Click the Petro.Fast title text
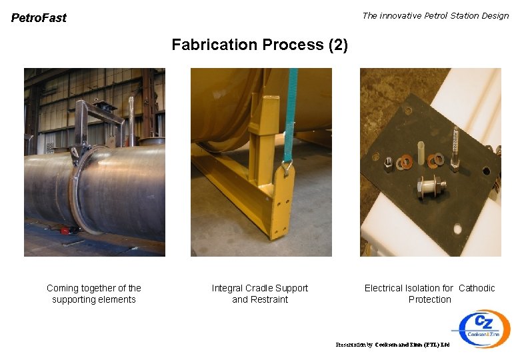(x=39, y=18)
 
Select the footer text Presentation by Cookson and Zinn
(x=393, y=345)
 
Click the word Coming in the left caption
(x=62, y=288)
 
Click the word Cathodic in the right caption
(x=477, y=288)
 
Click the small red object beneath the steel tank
(x=66, y=231)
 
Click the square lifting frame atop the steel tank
(x=100, y=123)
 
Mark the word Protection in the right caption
(x=429, y=299)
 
